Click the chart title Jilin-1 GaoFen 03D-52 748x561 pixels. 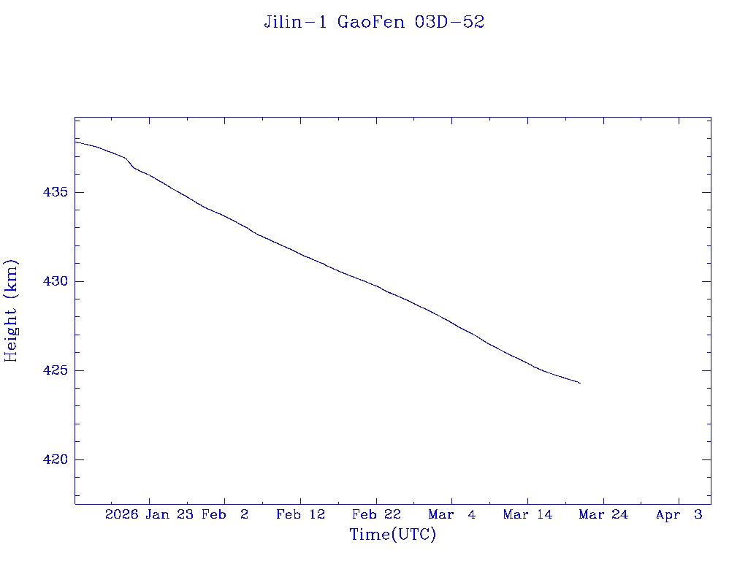pos(374,23)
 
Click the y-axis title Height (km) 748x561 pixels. pos(12,310)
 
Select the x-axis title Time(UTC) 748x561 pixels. pos(393,535)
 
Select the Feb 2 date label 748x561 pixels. pos(225,514)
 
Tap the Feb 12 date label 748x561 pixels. pos(300,514)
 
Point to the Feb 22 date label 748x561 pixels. pos(376,514)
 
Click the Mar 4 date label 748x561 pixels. pos(452,514)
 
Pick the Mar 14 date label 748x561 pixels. pos(527,514)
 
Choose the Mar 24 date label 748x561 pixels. pos(603,514)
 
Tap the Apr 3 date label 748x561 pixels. pos(679,514)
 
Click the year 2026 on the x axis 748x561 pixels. pos(121,514)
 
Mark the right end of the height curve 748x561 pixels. pos(580,383)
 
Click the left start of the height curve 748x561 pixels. pos(75,142)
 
